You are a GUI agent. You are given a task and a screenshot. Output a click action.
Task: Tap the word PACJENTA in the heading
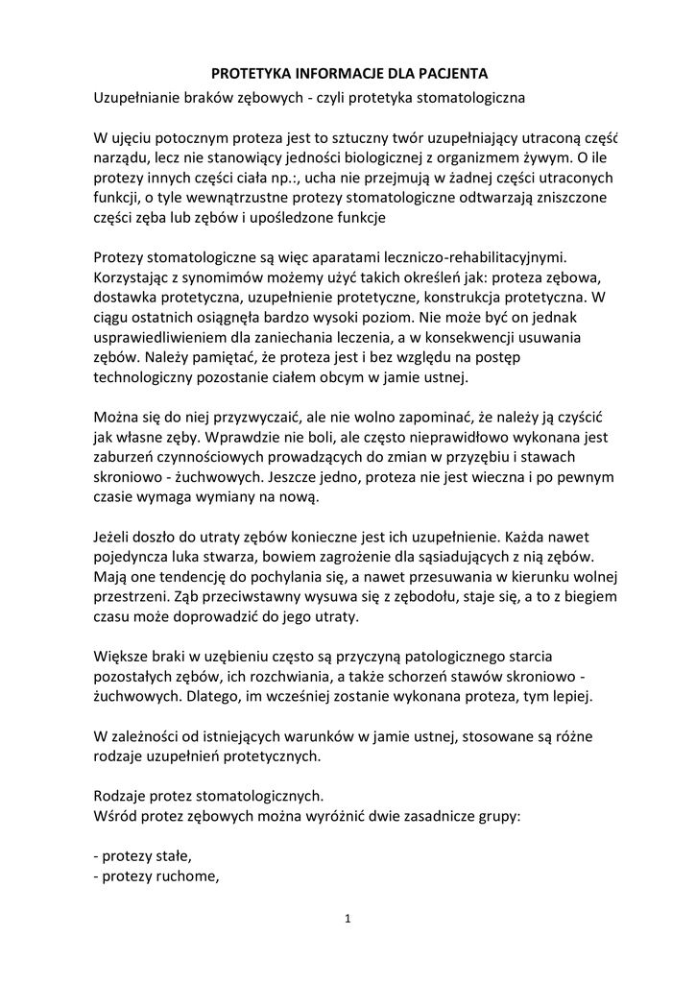click(451, 73)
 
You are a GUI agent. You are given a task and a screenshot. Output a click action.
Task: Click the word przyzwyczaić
click(235, 419)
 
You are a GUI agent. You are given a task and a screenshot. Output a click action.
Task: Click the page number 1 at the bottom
click(348, 920)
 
